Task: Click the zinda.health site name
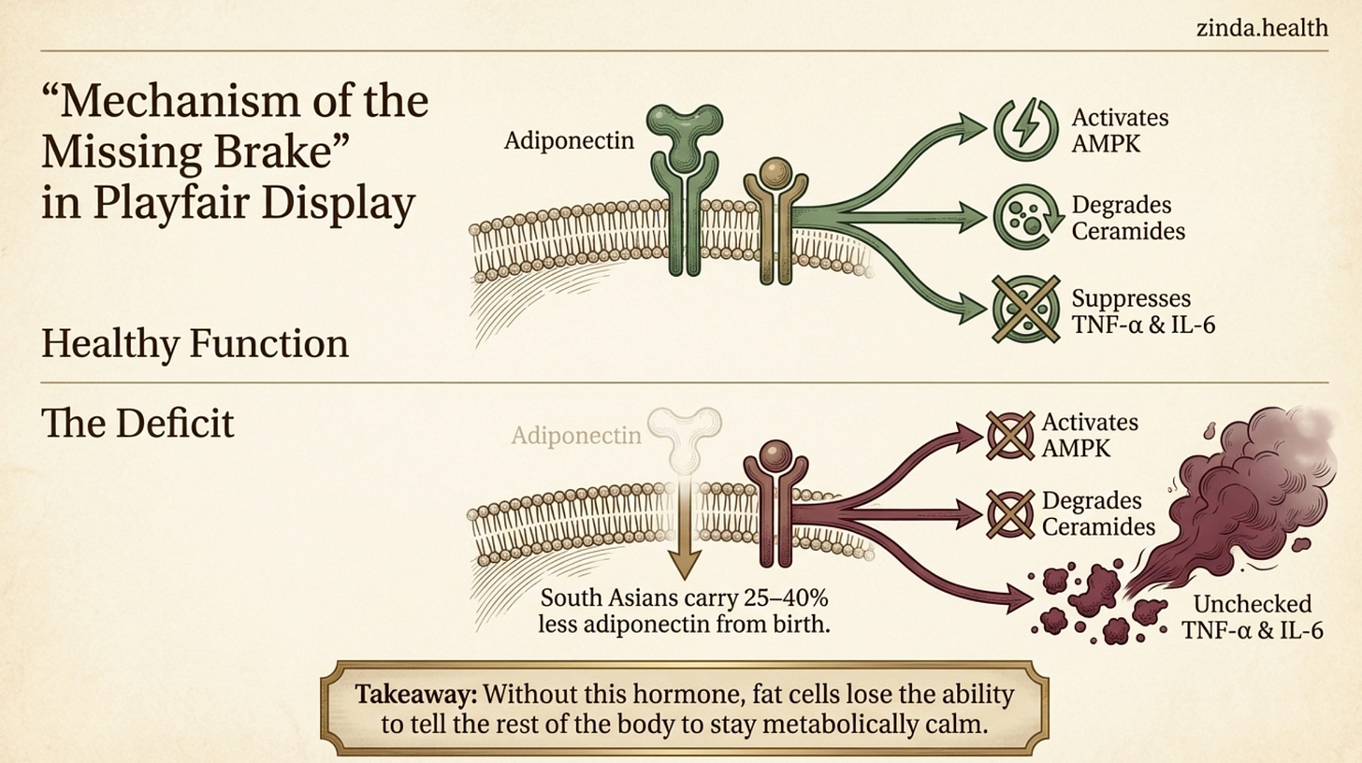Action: [1261, 27]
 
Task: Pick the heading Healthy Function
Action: [195, 344]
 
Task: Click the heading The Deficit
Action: [138, 425]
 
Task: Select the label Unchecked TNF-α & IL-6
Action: [1252, 617]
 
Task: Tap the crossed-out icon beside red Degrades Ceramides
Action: [1010, 512]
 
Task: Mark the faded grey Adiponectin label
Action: [576, 435]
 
